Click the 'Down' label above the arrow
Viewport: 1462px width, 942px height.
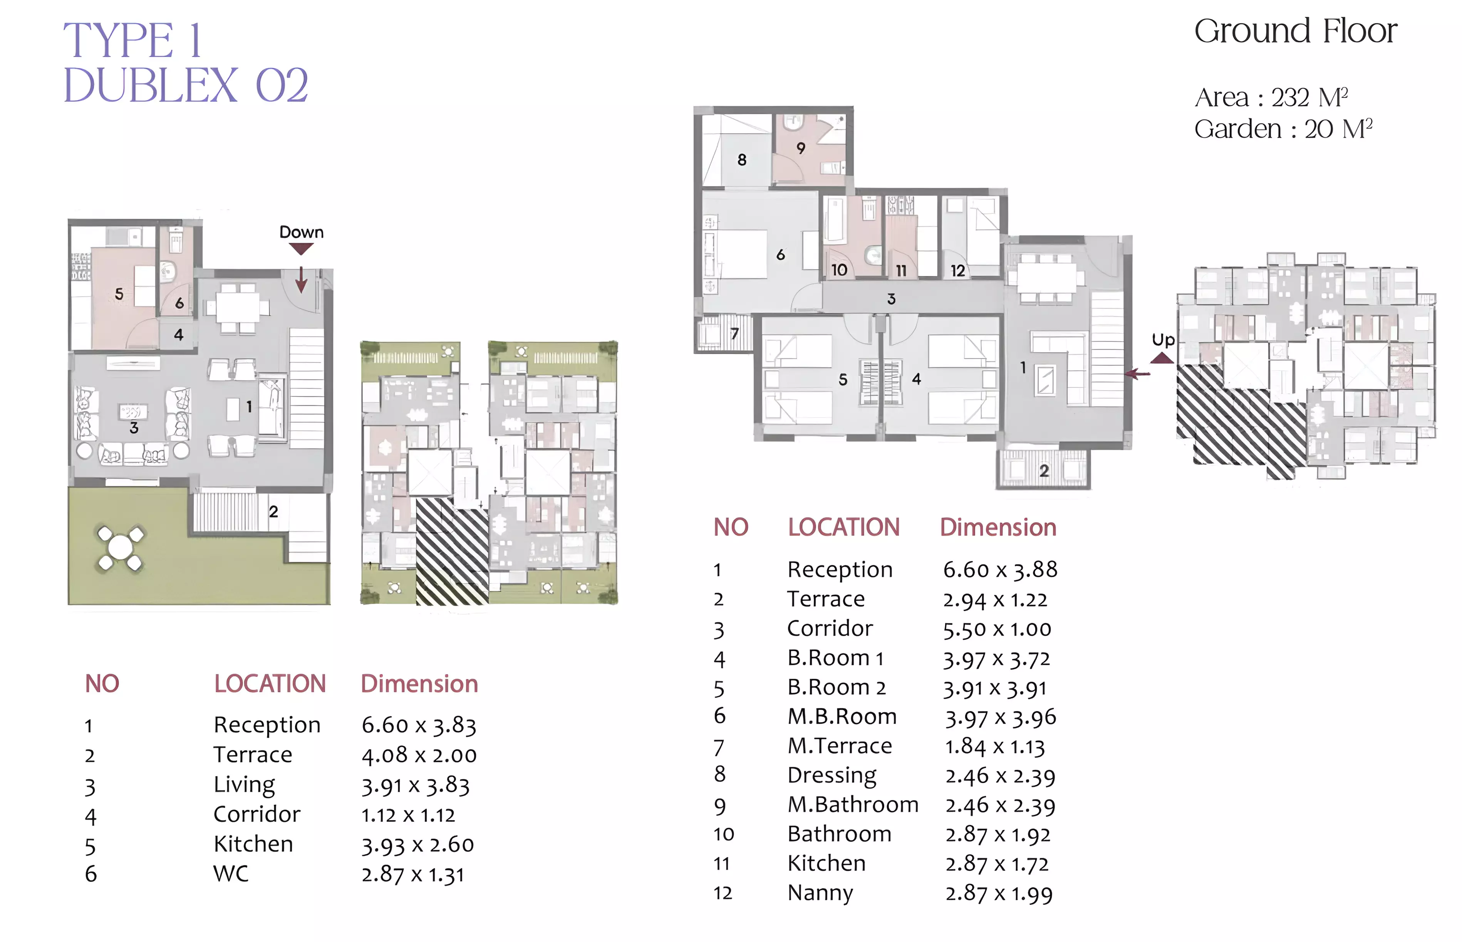point(301,232)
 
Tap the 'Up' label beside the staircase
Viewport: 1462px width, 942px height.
point(1163,340)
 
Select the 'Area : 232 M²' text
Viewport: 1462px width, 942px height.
point(1271,97)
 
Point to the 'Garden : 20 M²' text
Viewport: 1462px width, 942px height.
point(1284,129)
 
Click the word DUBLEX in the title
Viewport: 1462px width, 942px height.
point(150,86)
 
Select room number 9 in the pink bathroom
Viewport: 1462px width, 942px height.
point(801,148)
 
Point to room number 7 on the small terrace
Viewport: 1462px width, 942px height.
point(735,333)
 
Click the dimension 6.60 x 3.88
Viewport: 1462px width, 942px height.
point(1000,570)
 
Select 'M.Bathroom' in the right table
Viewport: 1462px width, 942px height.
point(853,804)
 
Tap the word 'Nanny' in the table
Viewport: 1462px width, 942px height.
point(820,893)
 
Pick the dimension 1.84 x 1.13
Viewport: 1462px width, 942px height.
point(995,746)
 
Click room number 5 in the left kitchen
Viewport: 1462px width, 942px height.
point(119,294)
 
